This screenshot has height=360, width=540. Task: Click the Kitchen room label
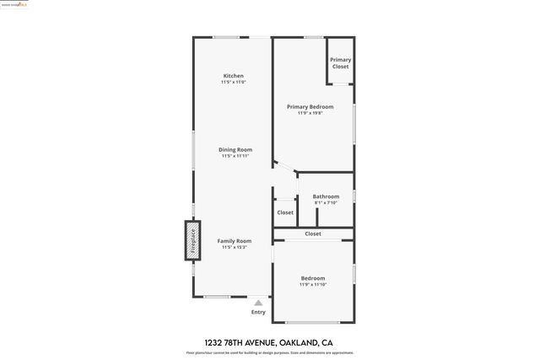click(233, 76)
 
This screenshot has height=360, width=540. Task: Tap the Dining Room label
click(235, 149)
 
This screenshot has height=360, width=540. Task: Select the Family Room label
click(235, 241)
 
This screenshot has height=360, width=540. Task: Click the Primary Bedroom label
click(310, 106)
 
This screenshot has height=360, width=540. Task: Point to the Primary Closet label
click(340, 63)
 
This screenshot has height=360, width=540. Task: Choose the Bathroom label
click(326, 196)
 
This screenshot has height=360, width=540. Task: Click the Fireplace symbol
click(192, 241)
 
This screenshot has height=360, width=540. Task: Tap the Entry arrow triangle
click(258, 303)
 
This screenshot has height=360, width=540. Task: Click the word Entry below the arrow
click(258, 313)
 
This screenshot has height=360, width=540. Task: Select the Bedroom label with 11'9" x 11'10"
click(313, 278)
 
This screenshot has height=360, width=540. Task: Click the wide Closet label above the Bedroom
click(313, 234)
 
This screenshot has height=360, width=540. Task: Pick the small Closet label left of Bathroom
click(285, 212)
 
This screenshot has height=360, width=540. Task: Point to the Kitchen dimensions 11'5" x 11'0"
click(233, 83)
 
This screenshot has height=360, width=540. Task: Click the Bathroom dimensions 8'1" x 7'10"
click(326, 203)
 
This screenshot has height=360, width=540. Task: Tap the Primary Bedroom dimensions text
click(310, 113)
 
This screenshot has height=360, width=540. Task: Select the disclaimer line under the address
click(270, 352)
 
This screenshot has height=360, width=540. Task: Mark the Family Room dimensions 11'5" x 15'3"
click(235, 248)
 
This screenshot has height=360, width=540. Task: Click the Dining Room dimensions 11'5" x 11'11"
click(235, 156)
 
